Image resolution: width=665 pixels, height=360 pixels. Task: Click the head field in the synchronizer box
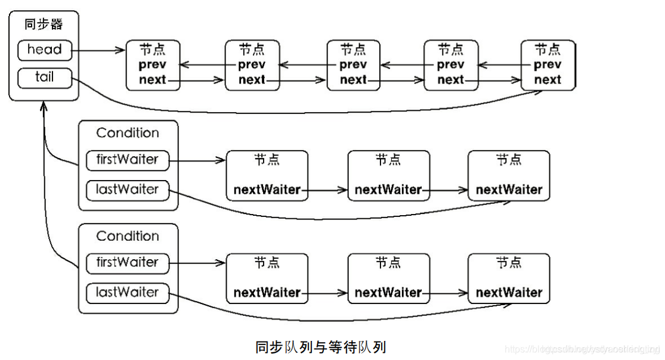pos(45,50)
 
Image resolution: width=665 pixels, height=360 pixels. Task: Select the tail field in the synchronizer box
pos(45,77)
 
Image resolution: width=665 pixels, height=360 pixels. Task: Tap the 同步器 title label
pos(44,24)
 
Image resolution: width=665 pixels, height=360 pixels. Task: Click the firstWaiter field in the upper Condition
pos(127,159)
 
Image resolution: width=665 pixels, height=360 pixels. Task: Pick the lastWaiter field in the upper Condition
pos(127,190)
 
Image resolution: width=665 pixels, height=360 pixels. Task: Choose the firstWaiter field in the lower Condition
pos(127,262)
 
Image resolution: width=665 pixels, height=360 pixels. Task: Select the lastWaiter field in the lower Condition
pos(127,293)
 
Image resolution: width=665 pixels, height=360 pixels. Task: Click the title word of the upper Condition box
pos(128,133)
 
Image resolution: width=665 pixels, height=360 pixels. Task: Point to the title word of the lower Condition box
pos(128,236)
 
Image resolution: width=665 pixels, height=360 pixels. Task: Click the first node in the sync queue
pos(153,65)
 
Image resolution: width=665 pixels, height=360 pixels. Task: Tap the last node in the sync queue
pos(548,65)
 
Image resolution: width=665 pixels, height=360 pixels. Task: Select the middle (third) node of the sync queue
pos(354,65)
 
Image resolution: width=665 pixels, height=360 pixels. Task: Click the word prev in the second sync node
pos(252,64)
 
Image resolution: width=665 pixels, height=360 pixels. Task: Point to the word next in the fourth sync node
pos(450,79)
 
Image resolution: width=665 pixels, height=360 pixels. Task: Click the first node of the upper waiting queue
pos(267,175)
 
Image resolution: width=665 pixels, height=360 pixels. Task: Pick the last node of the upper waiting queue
pos(508,175)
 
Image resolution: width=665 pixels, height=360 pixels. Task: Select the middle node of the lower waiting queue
pos(388,278)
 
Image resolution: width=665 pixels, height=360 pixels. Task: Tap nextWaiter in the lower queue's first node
pos(267,293)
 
